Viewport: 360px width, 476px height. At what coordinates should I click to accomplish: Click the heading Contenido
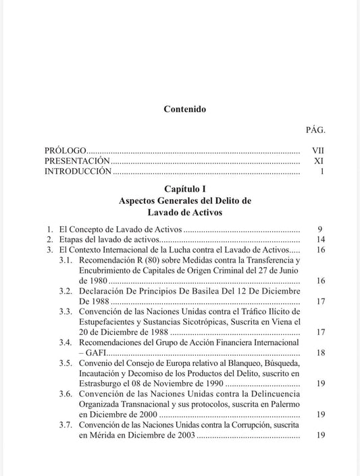(x=184, y=109)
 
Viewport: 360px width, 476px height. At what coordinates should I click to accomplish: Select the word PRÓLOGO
(x=66, y=151)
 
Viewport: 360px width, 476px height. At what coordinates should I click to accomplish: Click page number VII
(x=318, y=151)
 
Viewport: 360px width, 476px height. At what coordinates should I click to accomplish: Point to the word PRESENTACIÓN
(x=77, y=161)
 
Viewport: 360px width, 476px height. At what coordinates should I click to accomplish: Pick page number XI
(x=319, y=161)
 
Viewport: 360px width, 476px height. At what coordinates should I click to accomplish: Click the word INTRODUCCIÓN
(x=78, y=172)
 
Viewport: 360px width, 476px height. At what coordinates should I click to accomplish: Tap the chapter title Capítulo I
(x=184, y=189)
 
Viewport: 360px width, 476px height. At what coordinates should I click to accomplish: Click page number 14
(x=321, y=240)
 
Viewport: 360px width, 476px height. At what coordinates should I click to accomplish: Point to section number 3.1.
(x=66, y=260)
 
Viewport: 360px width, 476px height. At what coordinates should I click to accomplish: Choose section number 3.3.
(x=66, y=312)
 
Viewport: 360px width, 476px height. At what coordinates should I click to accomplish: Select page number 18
(x=321, y=353)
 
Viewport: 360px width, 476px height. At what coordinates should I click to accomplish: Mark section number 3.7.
(x=66, y=425)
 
